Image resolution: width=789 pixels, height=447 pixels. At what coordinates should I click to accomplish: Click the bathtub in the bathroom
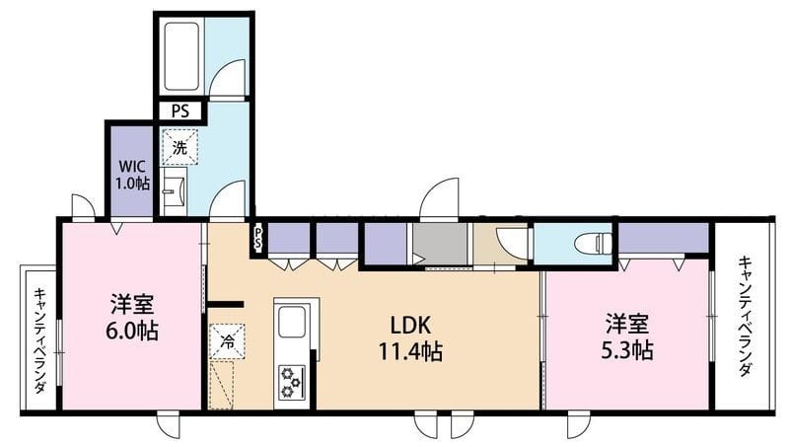click(x=181, y=56)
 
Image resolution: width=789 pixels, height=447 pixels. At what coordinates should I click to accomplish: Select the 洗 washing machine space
click(x=179, y=147)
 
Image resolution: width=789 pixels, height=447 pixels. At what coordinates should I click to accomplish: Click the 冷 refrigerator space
click(x=227, y=341)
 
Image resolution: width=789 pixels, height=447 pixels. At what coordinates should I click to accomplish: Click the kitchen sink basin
click(x=292, y=322)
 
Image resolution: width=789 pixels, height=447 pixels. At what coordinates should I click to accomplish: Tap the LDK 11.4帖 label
click(x=410, y=338)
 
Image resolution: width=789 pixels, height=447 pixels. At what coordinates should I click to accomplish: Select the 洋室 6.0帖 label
click(x=132, y=317)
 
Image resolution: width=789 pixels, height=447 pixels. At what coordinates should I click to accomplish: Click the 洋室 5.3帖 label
click(x=627, y=336)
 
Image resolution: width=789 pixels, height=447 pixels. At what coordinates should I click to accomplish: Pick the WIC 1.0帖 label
click(x=132, y=175)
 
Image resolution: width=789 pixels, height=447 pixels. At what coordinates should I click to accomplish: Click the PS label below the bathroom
click(x=180, y=111)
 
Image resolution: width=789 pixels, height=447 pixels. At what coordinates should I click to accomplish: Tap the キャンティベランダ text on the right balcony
click(x=746, y=317)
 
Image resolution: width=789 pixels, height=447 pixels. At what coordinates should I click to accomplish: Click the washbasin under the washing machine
click(x=175, y=191)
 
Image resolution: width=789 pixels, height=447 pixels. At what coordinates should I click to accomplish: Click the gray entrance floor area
click(x=440, y=244)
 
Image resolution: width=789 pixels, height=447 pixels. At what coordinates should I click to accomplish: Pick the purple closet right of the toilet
click(x=663, y=238)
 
